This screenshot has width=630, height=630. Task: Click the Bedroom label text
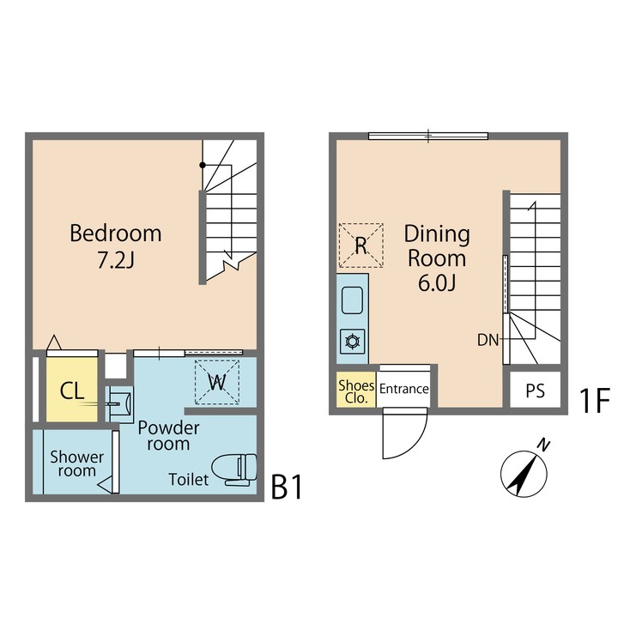pyautogui.click(x=115, y=233)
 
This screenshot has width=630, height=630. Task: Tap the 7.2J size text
pyautogui.click(x=115, y=258)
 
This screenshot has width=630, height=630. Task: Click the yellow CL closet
pyautogui.click(x=71, y=391)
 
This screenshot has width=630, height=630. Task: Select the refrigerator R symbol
pyautogui.click(x=361, y=245)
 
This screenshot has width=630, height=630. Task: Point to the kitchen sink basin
pyautogui.click(x=353, y=301)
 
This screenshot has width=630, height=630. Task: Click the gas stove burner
pyautogui.click(x=352, y=342)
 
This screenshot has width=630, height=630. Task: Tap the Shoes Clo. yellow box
pyautogui.click(x=355, y=391)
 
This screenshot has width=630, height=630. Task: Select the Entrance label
pyautogui.click(x=403, y=389)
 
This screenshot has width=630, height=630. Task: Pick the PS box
pyautogui.click(x=536, y=391)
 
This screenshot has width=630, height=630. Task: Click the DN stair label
pyautogui.click(x=488, y=340)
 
